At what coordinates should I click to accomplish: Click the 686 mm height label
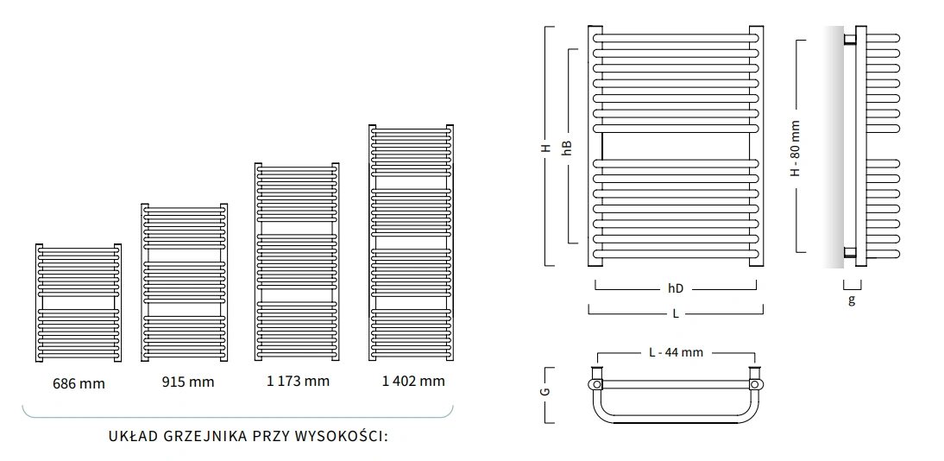point(79,383)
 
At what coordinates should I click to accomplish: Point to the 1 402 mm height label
point(413,381)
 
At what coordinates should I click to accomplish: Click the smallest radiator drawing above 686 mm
point(79,302)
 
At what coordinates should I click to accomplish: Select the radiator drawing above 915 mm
point(185,282)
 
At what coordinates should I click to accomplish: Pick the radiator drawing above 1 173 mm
point(294,262)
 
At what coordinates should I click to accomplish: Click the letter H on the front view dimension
point(545,148)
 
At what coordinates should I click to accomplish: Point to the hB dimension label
point(567,148)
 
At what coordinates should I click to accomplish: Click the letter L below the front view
point(676,313)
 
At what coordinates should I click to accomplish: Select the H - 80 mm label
point(795,148)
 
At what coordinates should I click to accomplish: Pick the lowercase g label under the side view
point(852,300)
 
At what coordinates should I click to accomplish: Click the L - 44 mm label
point(676,353)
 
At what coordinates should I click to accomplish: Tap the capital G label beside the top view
point(546,393)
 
